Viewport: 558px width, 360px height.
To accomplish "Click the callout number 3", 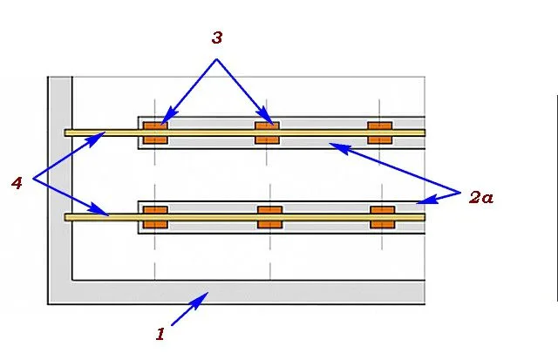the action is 217,37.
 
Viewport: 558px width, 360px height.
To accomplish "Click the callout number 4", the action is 17,183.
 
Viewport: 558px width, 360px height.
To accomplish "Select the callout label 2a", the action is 481,197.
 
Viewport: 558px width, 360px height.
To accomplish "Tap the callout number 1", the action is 160,334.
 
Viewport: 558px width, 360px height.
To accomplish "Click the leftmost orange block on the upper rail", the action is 155,132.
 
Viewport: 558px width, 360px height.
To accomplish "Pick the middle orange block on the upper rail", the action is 268,132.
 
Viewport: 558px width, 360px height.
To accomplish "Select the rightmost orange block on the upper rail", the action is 380,132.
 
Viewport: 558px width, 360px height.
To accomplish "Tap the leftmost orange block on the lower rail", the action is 155,217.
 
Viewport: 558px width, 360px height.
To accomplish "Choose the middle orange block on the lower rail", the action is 270,217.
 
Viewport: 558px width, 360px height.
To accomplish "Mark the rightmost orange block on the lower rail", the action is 383,217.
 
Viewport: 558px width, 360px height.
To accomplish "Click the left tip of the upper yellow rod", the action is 65,132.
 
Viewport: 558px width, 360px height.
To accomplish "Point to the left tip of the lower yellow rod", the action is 65,217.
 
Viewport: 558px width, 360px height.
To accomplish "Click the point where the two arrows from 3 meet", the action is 216,59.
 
